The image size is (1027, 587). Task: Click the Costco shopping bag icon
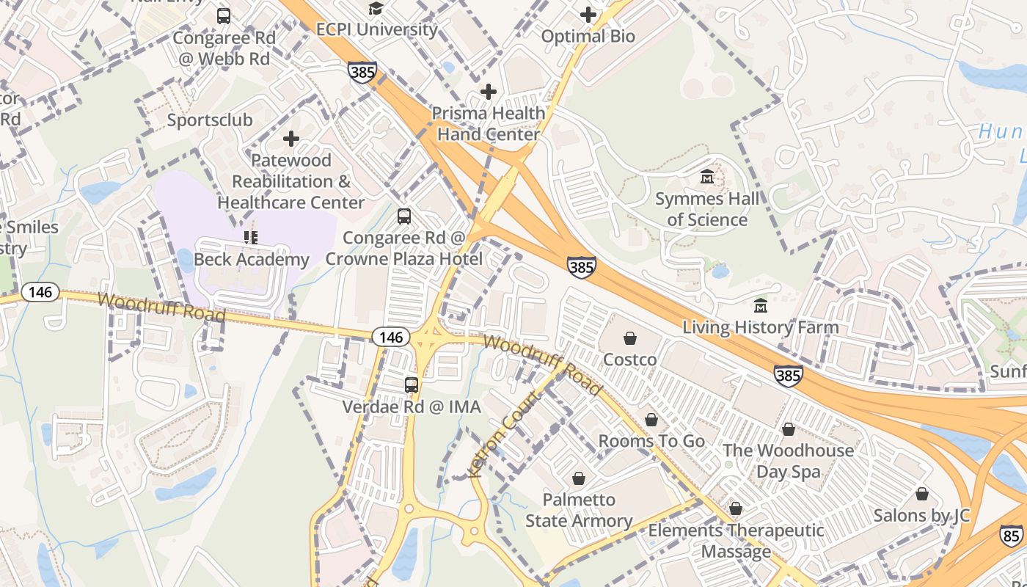click(x=629, y=338)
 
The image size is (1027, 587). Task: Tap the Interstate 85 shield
click(x=1012, y=536)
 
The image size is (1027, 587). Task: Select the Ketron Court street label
click(x=505, y=434)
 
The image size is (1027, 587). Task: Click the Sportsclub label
click(x=210, y=120)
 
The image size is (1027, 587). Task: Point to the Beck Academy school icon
click(x=251, y=237)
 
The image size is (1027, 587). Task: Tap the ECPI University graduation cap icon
click(x=376, y=8)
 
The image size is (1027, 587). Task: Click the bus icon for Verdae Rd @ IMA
click(x=412, y=384)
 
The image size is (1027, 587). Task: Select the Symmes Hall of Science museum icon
click(x=707, y=177)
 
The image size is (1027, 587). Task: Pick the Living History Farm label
click(x=761, y=327)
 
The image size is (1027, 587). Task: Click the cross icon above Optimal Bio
click(x=588, y=14)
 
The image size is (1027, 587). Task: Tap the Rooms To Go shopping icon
click(x=651, y=420)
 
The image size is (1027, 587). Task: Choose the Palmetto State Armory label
click(x=579, y=510)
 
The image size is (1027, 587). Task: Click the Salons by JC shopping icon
click(x=921, y=494)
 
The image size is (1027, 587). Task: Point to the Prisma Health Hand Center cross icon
click(x=489, y=92)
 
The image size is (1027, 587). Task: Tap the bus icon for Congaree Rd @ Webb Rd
click(x=224, y=15)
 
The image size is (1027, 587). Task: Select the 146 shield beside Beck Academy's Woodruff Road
click(x=40, y=292)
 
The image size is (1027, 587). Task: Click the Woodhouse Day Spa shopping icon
click(x=789, y=429)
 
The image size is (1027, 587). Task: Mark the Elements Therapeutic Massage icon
click(x=736, y=508)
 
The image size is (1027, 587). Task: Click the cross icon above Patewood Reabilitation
click(x=291, y=138)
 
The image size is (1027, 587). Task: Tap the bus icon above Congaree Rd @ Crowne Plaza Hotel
click(x=404, y=216)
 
